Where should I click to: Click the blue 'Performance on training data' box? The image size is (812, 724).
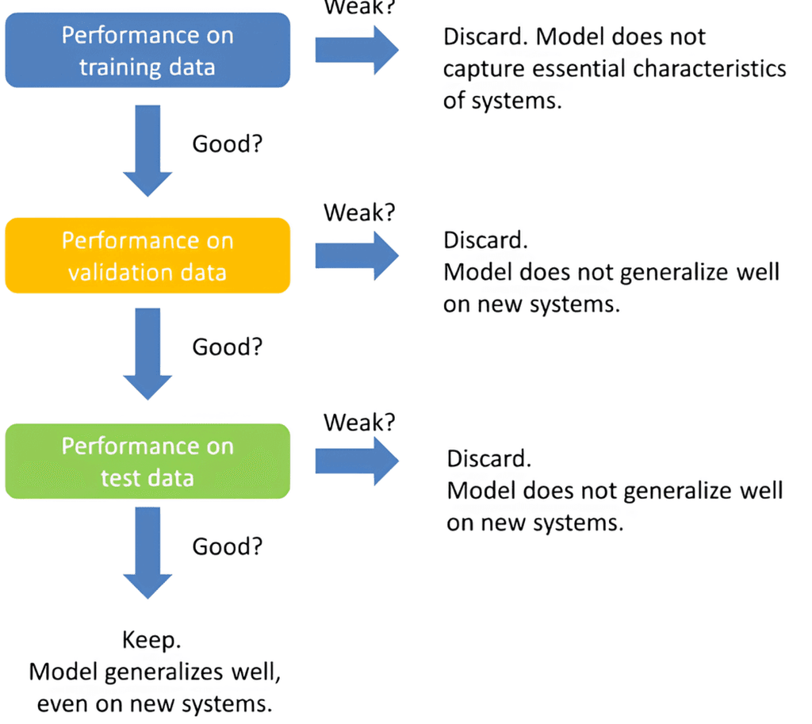click(x=147, y=51)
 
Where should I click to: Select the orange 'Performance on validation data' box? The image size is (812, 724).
click(x=147, y=255)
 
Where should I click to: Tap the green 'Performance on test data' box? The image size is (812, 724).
click(x=147, y=462)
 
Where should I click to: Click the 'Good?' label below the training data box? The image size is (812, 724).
click(x=227, y=144)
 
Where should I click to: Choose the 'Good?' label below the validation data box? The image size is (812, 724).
click(x=227, y=348)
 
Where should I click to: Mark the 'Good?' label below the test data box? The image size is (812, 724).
click(x=227, y=547)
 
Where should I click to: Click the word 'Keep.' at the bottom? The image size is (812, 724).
click(x=148, y=640)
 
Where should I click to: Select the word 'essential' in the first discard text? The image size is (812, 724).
click(x=583, y=68)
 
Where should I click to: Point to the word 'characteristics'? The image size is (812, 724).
click(x=714, y=68)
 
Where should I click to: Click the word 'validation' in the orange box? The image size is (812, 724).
click(x=112, y=272)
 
